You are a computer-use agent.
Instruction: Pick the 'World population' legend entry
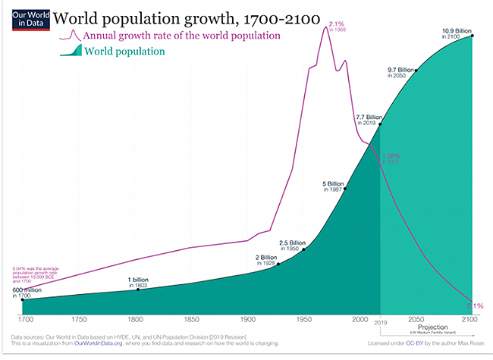click(x=124, y=52)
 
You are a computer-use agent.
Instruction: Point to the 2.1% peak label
click(x=337, y=25)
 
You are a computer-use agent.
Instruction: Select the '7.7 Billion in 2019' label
click(x=368, y=119)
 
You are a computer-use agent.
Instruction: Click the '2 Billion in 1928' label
click(x=268, y=259)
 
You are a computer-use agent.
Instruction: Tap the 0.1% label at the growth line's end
click(x=474, y=305)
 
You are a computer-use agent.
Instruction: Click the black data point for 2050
click(x=416, y=70)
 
